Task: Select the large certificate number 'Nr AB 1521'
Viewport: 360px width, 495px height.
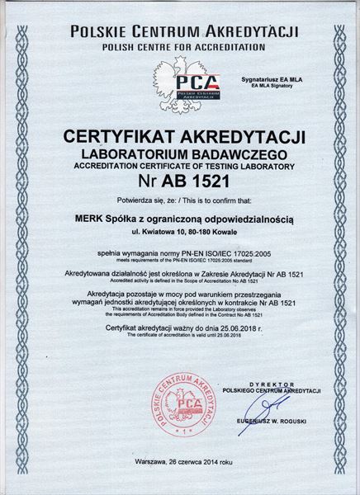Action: (x=180, y=180)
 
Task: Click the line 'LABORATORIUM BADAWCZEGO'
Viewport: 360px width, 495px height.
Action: (x=180, y=153)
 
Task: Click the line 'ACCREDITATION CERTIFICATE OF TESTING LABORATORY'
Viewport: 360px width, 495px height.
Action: (x=180, y=166)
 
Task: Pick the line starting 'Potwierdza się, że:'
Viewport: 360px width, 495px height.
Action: (x=180, y=200)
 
